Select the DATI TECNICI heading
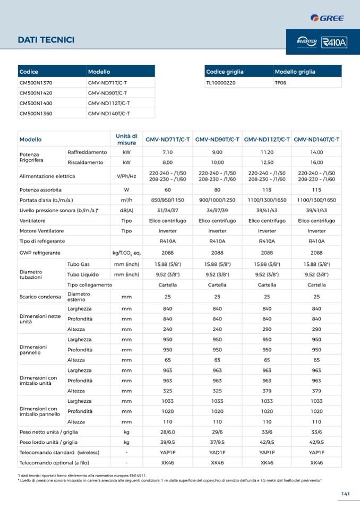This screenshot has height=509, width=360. click(46, 40)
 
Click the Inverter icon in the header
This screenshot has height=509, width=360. click(307, 42)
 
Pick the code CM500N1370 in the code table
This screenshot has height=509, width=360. click(36, 83)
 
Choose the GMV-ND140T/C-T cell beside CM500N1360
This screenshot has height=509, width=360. click(109, 113)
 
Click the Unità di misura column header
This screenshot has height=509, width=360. click(126, 140)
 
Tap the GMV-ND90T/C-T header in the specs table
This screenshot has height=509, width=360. click(217, 140)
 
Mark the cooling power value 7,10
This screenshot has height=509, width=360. click(168, 152)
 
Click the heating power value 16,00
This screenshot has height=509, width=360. click(316, 162)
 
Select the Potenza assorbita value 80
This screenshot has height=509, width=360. click(217, 189)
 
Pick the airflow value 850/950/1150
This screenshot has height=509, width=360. click(168, 200)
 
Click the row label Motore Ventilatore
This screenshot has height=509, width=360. click(41, 231)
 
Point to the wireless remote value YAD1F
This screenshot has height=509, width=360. click(217, 452)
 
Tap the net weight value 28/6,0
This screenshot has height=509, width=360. click(168, 432)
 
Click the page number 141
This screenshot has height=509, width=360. click(345, 494)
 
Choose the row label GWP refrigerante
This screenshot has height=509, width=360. click(40, 253)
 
